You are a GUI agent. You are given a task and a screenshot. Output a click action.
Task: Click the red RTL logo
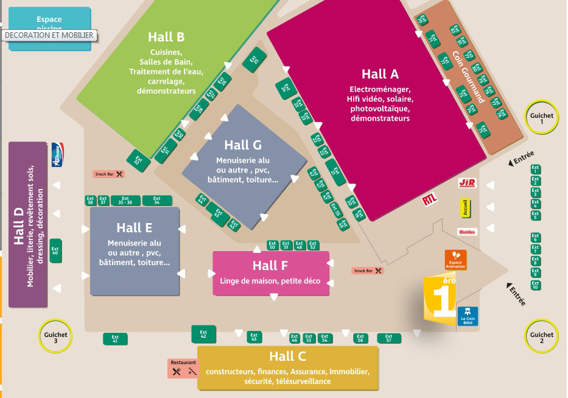click(x=429, y=199)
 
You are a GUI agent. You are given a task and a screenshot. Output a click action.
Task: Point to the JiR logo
click(x=467, y=183)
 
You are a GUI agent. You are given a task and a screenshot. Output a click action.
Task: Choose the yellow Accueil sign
click(x=466, y=208)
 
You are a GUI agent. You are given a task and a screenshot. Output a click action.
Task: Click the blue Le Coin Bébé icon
click(x=468, y=316)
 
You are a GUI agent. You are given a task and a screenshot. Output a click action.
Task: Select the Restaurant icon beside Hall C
click(x=183, y=368)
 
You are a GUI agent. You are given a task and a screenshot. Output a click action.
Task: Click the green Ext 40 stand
click(x=55, y=251)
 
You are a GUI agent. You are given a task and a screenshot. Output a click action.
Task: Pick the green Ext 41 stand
click(x=115, y=339)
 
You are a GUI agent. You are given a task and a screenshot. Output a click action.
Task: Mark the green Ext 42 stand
click(x=203, y=334)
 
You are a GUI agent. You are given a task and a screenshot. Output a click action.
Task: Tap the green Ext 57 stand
click(x=389, y=338)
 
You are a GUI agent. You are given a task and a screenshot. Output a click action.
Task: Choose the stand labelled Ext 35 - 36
click(x=125, y=200)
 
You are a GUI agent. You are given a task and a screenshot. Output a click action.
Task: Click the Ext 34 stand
click(x=157, y=200)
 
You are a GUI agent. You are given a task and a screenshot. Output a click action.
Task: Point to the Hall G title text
click(x=242, y=145)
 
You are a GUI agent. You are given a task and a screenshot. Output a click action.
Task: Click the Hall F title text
click(x=270, y=266)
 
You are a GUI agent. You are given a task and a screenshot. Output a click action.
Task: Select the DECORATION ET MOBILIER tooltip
click(x=49, y=35)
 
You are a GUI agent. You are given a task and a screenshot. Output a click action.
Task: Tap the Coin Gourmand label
click(x=468, y=76)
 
